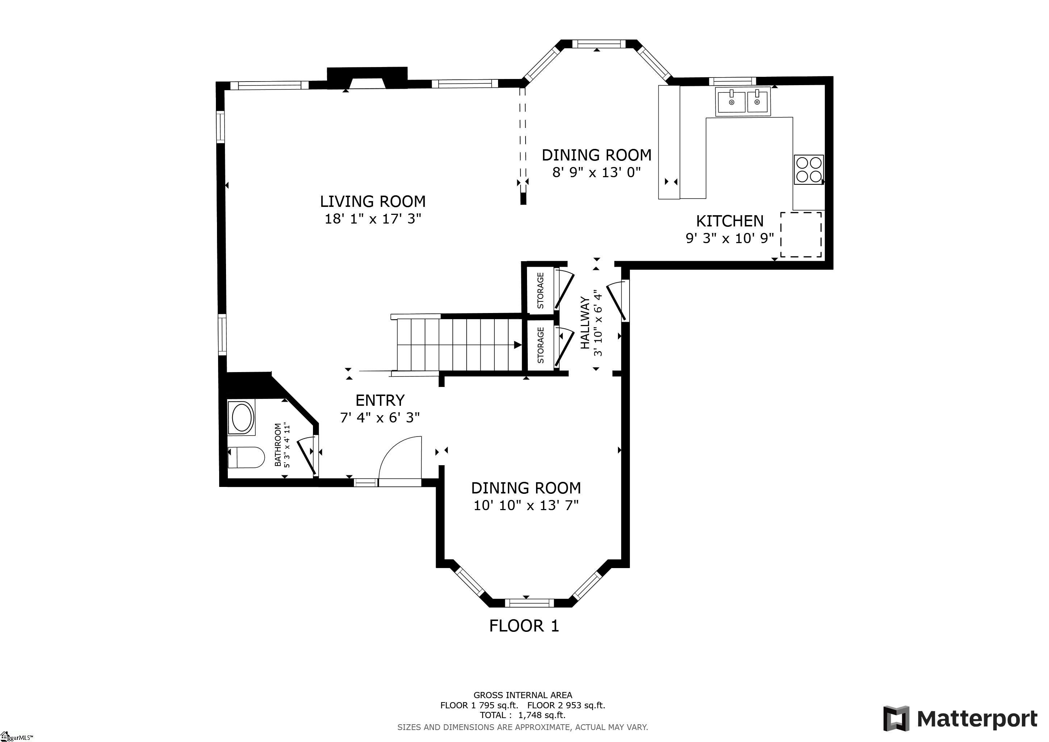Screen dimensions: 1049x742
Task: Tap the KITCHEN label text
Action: coord(730,221)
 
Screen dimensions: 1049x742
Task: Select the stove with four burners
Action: coord(809,170)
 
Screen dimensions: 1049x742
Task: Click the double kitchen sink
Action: coord(743,103)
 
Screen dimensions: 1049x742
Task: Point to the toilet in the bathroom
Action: coord(246,457)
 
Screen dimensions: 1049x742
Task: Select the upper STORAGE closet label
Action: coord(540,290)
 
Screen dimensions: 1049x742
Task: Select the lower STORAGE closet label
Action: coord(540,345)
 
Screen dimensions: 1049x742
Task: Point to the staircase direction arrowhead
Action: coord(518,345)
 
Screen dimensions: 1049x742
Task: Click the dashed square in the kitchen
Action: coord(801,234)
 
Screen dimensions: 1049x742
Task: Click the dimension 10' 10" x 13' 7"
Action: coord(526,505)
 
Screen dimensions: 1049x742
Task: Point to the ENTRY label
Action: coord(380,400)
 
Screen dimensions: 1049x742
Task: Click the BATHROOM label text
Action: coord(278,445)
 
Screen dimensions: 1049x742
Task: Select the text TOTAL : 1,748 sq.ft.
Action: coord(523,715)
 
